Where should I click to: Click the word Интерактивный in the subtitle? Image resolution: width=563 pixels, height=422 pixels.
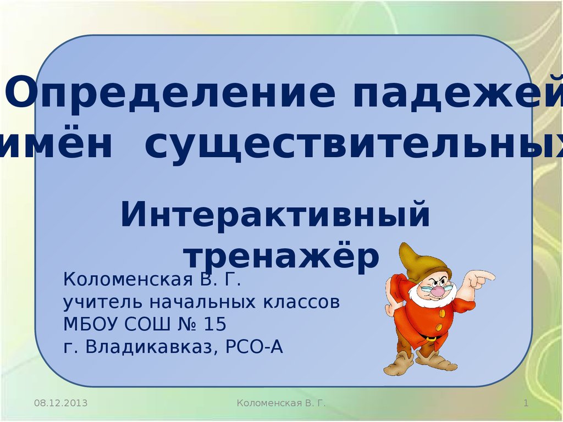tap(275, 215)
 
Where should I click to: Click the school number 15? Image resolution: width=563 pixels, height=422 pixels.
tap(215, 324)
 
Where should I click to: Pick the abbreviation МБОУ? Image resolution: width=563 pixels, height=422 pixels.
tap(91, 324)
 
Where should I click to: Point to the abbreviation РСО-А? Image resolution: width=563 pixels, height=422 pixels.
tap(254, 347)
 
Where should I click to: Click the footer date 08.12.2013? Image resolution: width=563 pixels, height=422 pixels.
tap(60, 403)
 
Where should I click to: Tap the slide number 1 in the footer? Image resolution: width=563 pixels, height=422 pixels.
tap(526, 403)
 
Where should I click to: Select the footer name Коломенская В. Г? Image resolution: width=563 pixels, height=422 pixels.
tap(281, 403)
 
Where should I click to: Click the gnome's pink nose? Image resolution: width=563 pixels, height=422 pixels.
tap(438, 291)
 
